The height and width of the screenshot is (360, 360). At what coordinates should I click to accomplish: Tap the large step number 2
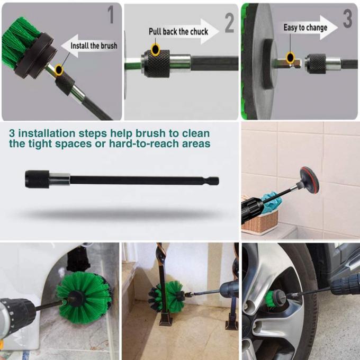pyautogui.click(x=229, y=23)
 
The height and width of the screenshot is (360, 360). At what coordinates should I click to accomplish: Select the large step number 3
pyautogui.click(x=347, y=19)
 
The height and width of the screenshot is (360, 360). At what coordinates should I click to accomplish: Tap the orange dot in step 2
pyautogui.click(x=156, y=50)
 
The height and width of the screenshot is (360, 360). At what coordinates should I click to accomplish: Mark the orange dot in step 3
pyautogui.click(x=290, y=57)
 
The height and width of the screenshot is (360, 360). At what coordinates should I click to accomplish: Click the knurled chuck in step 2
pyautogui.click(x=156, y=63)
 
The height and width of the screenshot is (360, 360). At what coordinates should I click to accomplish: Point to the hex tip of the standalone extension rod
pyautogui.click(x=213, y=181)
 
